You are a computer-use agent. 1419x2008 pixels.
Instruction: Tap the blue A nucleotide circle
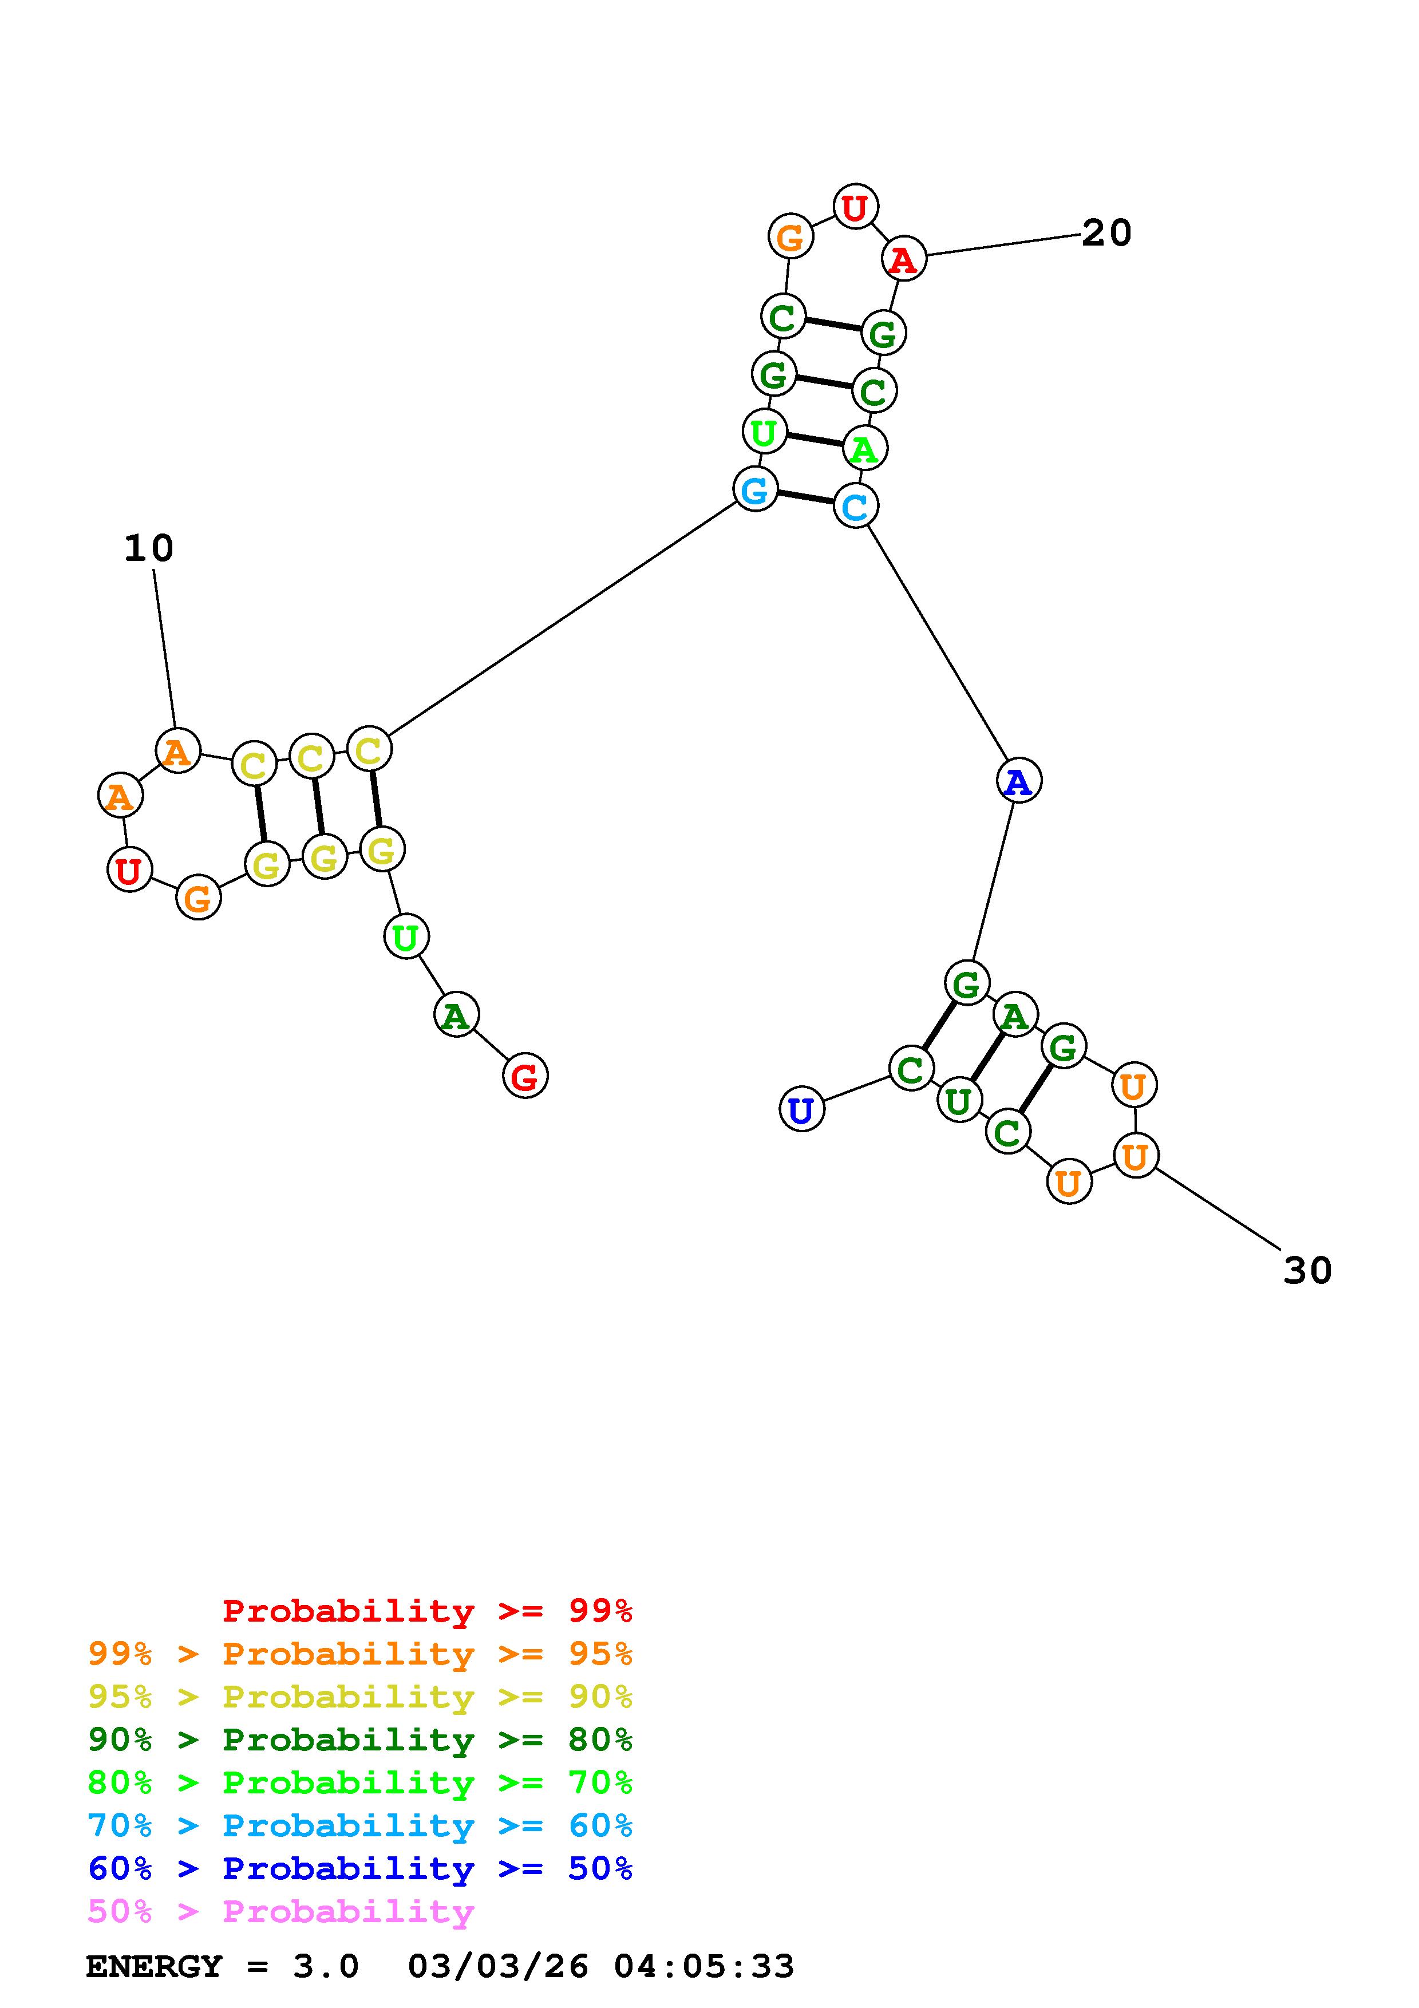point(1018,780)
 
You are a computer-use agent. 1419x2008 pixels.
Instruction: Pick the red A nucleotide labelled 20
point(903,259)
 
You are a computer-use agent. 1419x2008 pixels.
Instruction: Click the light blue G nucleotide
point(754,489)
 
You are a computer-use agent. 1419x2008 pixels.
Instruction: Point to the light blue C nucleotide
point(855,505)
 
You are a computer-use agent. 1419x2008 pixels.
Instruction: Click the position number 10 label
point(149,548)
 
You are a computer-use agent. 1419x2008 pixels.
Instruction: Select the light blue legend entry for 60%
point(360,1825)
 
